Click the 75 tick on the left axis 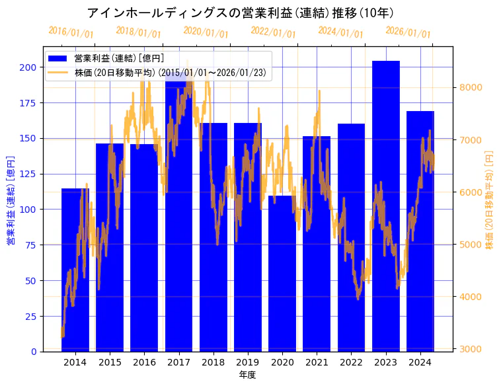30,245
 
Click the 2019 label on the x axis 248,362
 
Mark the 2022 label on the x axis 351,362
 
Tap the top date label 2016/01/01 71,32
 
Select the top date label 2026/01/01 408,32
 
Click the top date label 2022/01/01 273,32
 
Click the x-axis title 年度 247,375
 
